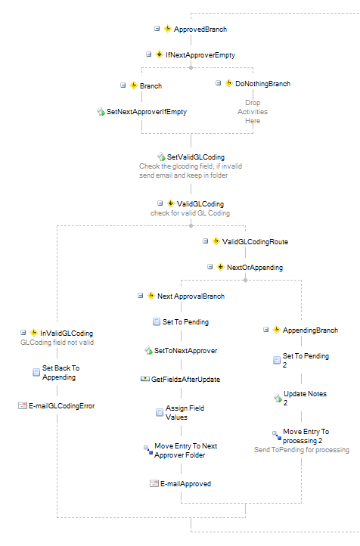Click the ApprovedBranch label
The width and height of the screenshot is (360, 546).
[200, 29]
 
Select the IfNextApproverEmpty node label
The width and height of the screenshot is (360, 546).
[200, 55]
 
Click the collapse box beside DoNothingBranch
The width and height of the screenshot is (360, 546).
[219, 83]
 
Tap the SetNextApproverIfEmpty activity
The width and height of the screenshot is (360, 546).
[146, 112]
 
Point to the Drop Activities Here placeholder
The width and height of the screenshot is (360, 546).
[253, 112]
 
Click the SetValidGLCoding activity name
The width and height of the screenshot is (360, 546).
[196, 157]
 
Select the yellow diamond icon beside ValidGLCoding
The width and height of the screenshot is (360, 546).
[171, 203]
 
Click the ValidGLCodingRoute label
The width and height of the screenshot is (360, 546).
[255, 242]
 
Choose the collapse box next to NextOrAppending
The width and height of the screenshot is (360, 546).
[210, 267]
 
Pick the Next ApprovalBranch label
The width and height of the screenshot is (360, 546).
[191, 296]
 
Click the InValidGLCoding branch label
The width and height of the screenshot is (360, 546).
[67, 333]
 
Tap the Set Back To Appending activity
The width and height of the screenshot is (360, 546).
[61, 373]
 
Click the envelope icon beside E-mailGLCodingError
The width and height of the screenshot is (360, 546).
[23, 405]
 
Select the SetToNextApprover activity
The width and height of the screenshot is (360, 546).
[185, 351]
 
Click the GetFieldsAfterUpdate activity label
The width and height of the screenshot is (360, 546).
[185, 380]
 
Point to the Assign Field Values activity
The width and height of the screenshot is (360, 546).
[185, 413]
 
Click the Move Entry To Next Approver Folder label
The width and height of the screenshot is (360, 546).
[185, 451]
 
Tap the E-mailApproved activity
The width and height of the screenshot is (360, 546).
[185, 484]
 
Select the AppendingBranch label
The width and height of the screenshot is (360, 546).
[310, 330]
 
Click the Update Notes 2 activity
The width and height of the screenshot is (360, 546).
[305, 399]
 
